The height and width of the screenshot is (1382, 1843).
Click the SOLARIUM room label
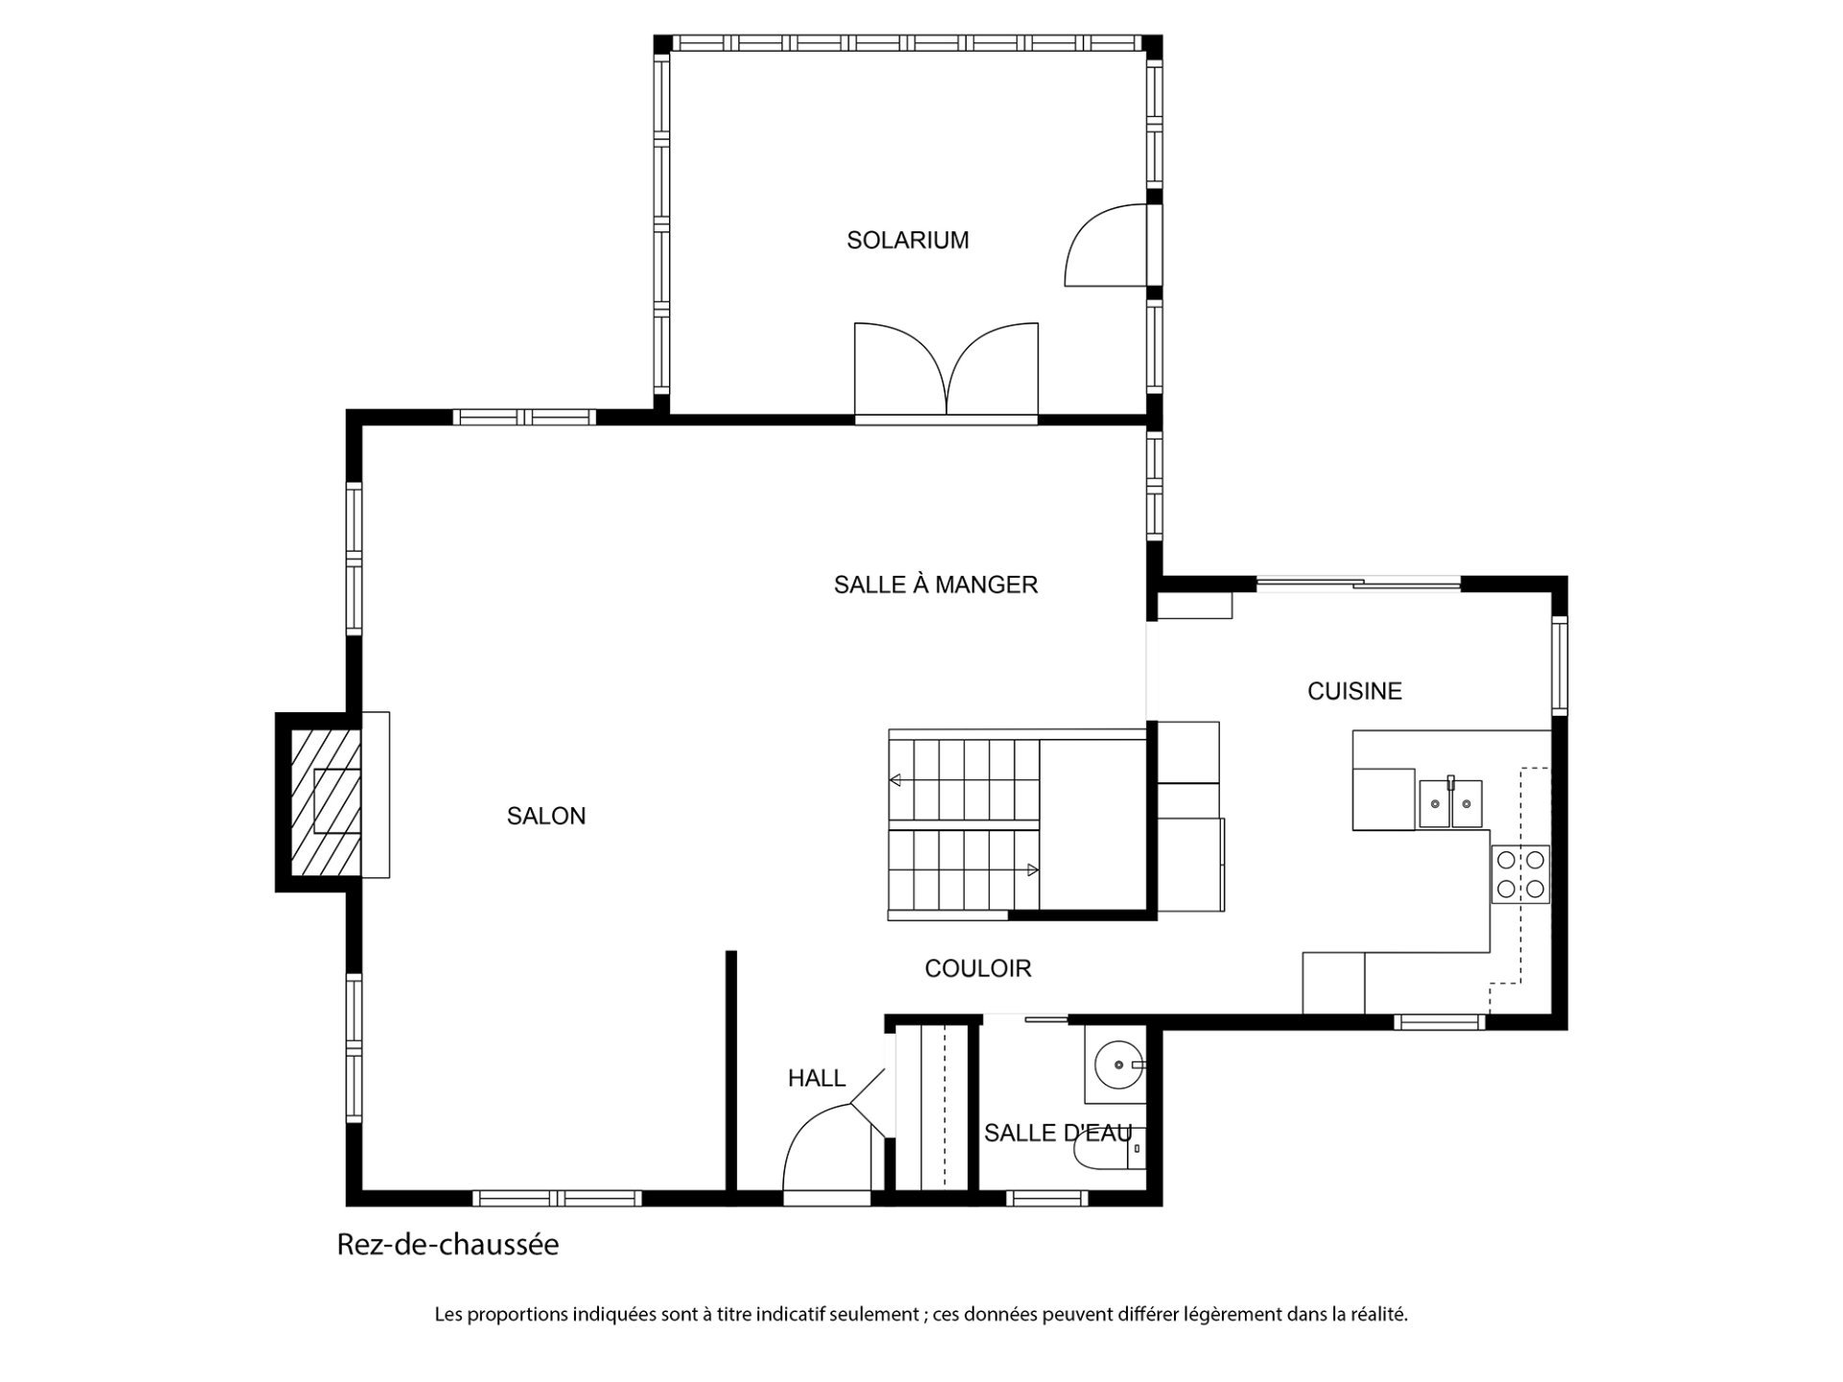point(907,240)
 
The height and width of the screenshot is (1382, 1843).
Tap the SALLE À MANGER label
point(936,584)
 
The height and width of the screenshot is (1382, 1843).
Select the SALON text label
point(546,816)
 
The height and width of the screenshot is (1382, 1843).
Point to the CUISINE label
point(1354,691)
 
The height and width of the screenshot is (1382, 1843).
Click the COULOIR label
point(978,968)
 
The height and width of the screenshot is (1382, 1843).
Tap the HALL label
point(817,1079)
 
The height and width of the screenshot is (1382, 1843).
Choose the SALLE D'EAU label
point(1058,1133)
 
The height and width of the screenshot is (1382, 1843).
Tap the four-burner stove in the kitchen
point(1520,874)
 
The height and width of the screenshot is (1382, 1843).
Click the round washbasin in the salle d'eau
point(1118,1064)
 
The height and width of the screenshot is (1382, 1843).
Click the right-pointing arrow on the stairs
point(1033,870)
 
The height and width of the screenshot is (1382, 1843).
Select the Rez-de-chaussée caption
point(447,1246)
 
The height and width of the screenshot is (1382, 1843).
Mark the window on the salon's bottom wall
point(557,1198)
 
